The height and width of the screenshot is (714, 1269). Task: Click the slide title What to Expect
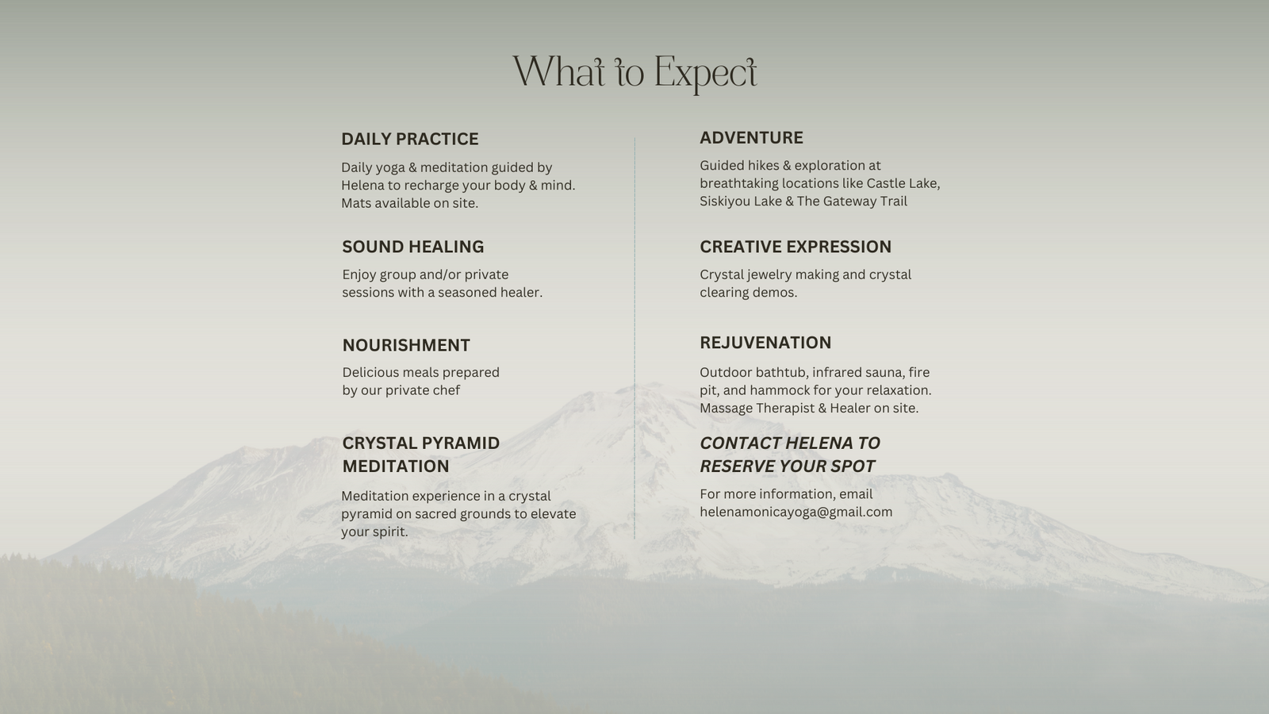click(x=634, y=73)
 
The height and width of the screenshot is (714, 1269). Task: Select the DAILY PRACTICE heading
click(x=409, y=139)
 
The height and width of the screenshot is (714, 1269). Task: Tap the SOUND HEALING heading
click(x=413, y=247)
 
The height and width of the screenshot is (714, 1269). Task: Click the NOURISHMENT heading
click(x=406, y=345)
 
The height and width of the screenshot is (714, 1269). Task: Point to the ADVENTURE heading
click(x=751, y=138)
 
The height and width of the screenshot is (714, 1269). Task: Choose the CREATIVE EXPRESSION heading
click(x=796, y=247)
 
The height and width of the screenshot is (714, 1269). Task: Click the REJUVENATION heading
click(x=765, y=342)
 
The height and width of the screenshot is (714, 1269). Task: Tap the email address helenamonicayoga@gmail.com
click(x=796, y=512)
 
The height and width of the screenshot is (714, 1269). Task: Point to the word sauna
click(x=885, y=372)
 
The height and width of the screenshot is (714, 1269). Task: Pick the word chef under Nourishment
click(x=447, y=390)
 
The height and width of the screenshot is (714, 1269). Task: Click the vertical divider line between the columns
click(x=634, y=338)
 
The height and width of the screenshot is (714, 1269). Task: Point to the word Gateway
click(x=848, y=202)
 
